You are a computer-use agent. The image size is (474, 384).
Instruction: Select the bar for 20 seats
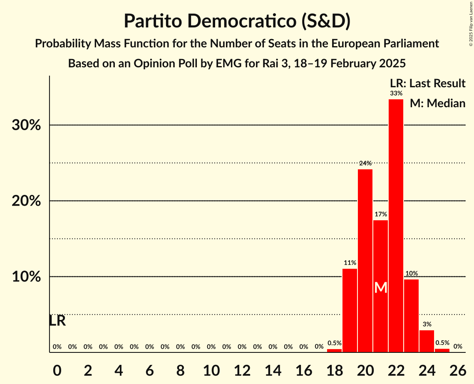pos(365,261)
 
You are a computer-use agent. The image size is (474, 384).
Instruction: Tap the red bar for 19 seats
pos(350,310)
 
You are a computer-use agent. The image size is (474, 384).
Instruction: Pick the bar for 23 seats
pos(411,316)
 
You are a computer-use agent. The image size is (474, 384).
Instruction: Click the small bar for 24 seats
pos(427,341)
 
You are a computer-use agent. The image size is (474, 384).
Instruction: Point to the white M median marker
pos(381,288)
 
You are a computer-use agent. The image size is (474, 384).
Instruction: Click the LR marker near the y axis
pos(57,321)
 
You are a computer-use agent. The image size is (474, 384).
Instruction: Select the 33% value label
pos(396,94)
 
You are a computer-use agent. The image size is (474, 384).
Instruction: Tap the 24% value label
pos(365,163)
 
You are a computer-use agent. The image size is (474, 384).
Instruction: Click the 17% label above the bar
pos(380,214)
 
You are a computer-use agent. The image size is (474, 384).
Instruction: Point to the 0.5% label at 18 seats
pos(334,343)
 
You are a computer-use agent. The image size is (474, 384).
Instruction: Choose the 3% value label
pos(427,324)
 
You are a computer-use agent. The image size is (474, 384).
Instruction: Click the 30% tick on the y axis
pos(26,125)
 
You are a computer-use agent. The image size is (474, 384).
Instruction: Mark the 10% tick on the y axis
pos(26,277)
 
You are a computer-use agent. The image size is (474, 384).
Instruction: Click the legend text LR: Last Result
pos(427,84)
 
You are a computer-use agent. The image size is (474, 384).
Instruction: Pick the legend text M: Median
pos(437,103)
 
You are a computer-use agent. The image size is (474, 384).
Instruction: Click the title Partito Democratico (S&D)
pos(237,21)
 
